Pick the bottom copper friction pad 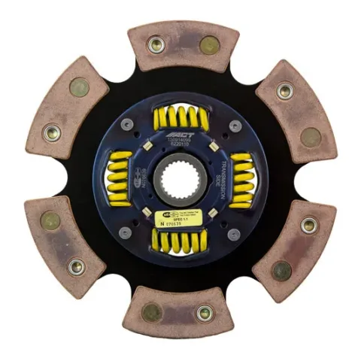[x=178, y=308]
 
